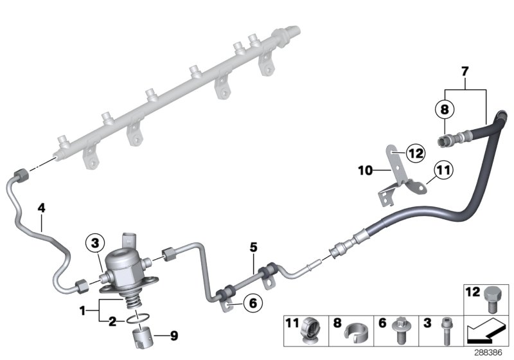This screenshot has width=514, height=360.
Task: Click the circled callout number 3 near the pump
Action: (94, 243)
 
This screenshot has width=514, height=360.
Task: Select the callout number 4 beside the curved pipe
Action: (41, 208)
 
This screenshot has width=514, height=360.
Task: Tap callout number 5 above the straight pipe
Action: (253, 246)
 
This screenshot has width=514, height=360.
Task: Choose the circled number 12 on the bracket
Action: (398, 153)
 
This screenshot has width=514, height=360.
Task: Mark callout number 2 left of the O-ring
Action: (112, 321)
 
